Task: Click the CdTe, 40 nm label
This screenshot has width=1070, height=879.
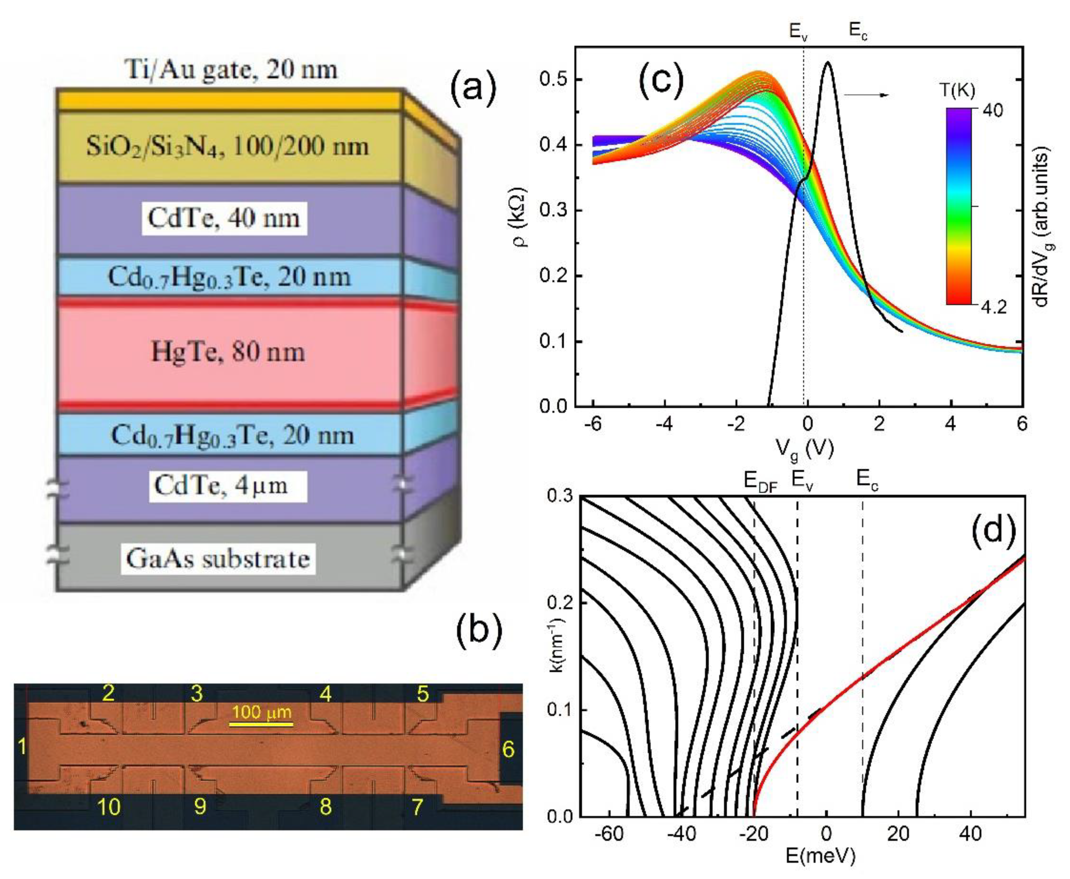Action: [x=224, y=218]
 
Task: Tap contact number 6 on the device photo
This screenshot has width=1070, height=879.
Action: [x=508, y=749]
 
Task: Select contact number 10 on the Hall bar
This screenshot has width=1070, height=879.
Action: [x=108, y=807]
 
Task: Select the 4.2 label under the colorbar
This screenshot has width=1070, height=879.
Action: [x=992, y=307]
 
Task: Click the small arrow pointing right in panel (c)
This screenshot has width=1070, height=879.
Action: [x=866, y=95]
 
